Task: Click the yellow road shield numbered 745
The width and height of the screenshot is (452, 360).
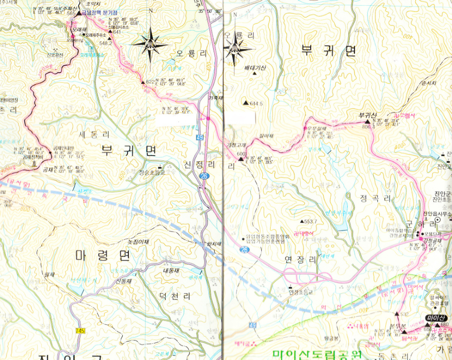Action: tap(80, 331)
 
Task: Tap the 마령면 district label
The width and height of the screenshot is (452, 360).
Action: tap(102, 256)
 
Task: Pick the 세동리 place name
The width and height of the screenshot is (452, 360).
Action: tap(95, 134)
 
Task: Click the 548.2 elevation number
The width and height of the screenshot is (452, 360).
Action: tap(105, 43)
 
